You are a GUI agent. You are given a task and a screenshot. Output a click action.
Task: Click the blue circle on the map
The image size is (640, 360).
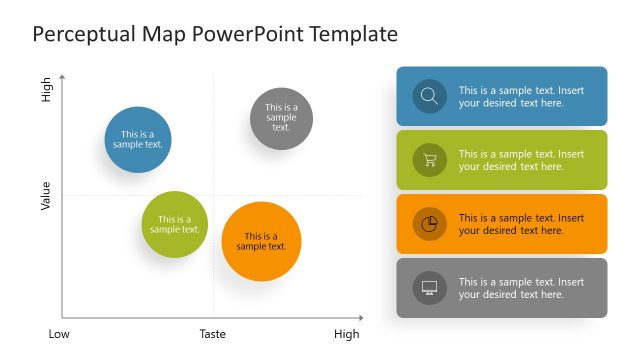click(x=140, y=140)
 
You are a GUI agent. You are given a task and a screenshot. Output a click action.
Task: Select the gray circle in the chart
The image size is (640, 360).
click(x=281, y=118)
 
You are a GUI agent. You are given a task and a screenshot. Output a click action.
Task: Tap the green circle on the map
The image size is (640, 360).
click(x=174, y=224)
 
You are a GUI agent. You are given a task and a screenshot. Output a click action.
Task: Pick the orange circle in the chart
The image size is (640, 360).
click(x=261, y=242)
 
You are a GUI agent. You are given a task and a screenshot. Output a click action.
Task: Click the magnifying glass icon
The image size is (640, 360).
click(x=429, y=96)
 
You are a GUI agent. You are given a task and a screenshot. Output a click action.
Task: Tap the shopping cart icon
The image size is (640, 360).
click(x=429, y=160)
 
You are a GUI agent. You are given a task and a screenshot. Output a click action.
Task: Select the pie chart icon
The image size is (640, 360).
click(x=429, y=224)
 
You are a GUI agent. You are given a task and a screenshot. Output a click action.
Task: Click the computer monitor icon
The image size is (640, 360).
click(x=429, y=288)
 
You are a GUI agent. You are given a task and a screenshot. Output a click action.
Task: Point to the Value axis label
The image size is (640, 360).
click(x=45, y=195)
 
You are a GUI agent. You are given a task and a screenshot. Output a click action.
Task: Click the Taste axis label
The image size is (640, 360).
click(x=213, y=334)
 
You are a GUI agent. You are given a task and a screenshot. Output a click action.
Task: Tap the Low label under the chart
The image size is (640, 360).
click(x=60, y=334)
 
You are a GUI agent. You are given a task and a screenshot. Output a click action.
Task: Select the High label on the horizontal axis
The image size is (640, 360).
click(x=346, y=334)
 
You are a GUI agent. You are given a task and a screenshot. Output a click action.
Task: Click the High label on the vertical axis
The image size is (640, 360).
click(x=46, y=91)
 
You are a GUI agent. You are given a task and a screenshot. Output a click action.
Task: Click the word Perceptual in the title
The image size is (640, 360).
click(x=83, y=35)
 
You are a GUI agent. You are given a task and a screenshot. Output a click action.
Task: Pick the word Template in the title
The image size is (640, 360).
click(x=354, y=35)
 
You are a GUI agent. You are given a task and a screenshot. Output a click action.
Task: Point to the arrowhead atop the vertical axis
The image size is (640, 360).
click(x=63, y=77)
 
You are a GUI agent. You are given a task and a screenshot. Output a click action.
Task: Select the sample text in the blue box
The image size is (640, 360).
click(x=521, y=96)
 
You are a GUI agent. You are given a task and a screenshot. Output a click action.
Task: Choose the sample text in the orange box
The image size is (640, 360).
click(x=521, y=224)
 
